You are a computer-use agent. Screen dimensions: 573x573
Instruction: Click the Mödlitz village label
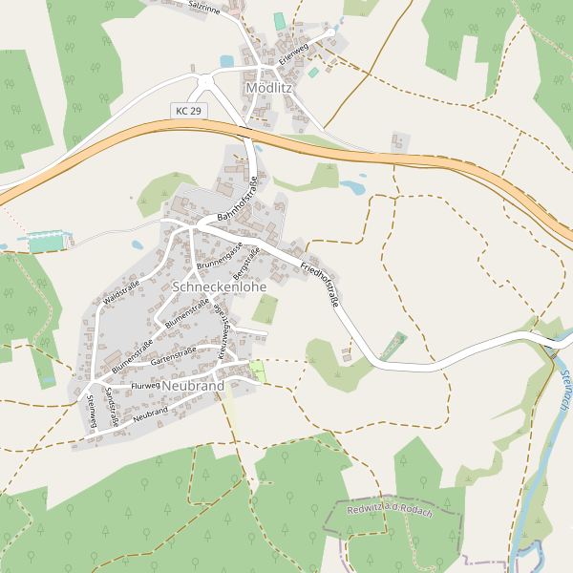(x=269, y=88)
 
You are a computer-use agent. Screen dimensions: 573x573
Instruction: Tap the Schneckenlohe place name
(x=219, y=286)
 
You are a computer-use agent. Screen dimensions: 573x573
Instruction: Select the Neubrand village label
(x=193, y=386)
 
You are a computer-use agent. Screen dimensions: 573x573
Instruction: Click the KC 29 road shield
(x=189, y=112)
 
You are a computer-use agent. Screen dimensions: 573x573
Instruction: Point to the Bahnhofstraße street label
(x=239, y=200)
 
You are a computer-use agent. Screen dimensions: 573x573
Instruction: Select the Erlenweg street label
(x=293, y=53)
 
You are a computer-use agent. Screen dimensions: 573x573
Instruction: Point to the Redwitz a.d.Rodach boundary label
(x=390, y=512)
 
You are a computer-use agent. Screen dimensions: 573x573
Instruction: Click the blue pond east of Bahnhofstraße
(x=353, y=187)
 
